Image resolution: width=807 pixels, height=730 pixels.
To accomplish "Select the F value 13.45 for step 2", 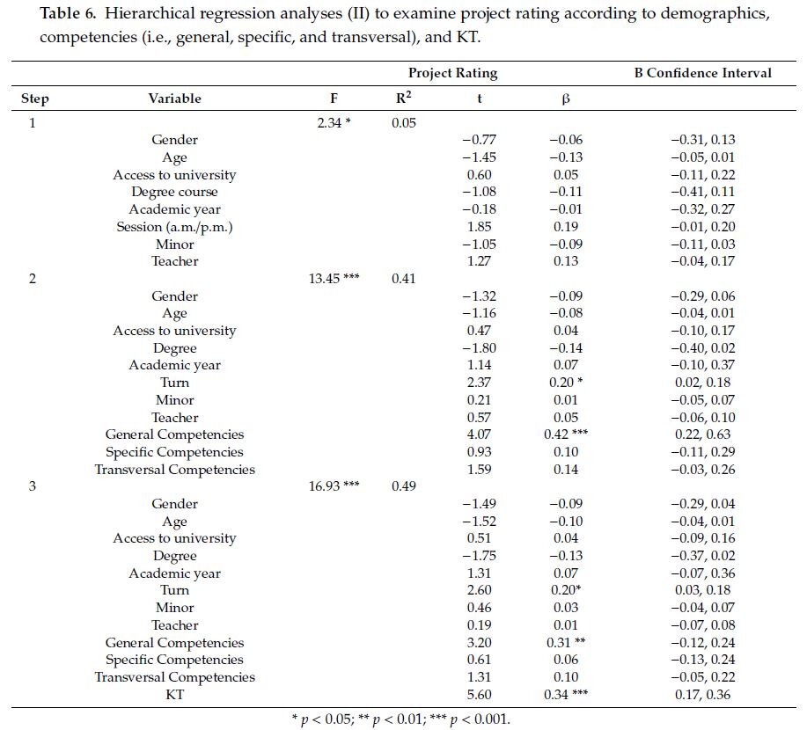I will point(334,279).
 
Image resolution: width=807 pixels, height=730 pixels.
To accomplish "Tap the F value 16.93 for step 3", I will point(334,486).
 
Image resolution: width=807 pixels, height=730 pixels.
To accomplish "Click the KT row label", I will point(174,695).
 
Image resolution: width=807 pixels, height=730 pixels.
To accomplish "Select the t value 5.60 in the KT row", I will point(479,695).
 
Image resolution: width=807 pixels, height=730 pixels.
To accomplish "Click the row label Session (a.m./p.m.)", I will point(174,227).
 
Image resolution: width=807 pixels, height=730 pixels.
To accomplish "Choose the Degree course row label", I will point(174,192).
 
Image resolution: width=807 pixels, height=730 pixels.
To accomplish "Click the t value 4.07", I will point(479,434).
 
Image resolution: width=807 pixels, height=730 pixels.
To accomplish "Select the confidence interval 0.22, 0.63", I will point(702,434).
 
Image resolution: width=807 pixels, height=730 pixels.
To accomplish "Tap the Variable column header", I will point(174,99).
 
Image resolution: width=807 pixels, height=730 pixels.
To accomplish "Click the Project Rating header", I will point(452,73).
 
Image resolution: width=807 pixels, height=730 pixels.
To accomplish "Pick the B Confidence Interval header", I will point(702,73).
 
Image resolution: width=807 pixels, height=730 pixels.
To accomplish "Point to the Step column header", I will point(35,99).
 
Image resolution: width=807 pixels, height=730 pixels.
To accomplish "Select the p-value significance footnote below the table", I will point(400,719).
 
